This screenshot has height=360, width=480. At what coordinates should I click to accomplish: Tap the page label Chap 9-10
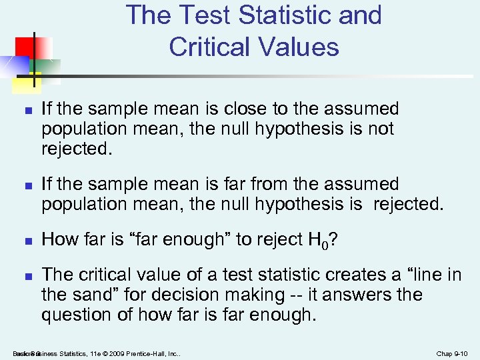point(453,353)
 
